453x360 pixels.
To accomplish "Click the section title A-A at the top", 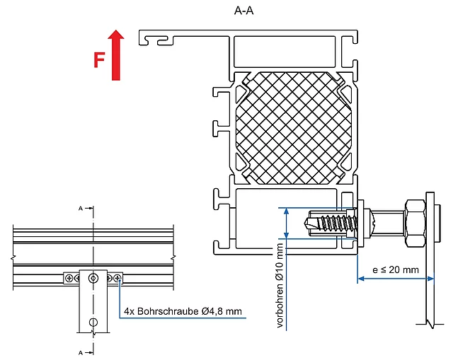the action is point(243,11).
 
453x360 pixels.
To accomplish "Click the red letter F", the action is point(99,59).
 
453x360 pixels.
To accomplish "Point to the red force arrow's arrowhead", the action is point(116,35).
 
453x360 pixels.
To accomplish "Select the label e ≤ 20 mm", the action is point(396,269).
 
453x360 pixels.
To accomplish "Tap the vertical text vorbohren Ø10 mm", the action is point(280,286).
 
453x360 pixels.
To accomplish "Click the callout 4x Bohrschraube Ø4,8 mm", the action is point(183,311).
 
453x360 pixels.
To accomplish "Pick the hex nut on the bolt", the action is point(415,223).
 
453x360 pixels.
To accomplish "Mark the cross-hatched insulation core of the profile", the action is point(294,128).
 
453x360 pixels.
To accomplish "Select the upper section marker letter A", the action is point(81,208).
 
